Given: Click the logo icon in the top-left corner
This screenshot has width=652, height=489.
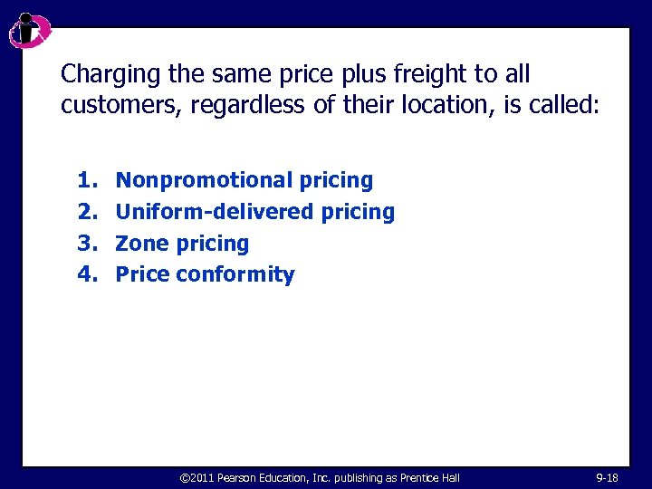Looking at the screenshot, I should tap(28, 31).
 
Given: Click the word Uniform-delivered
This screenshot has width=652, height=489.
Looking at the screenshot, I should tap(216, 212).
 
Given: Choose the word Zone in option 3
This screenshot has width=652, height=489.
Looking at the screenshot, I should tap(143, 244).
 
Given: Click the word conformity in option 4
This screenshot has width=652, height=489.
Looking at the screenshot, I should tap(235, 274).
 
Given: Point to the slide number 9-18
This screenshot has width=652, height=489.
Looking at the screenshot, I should tap(608, 477).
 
